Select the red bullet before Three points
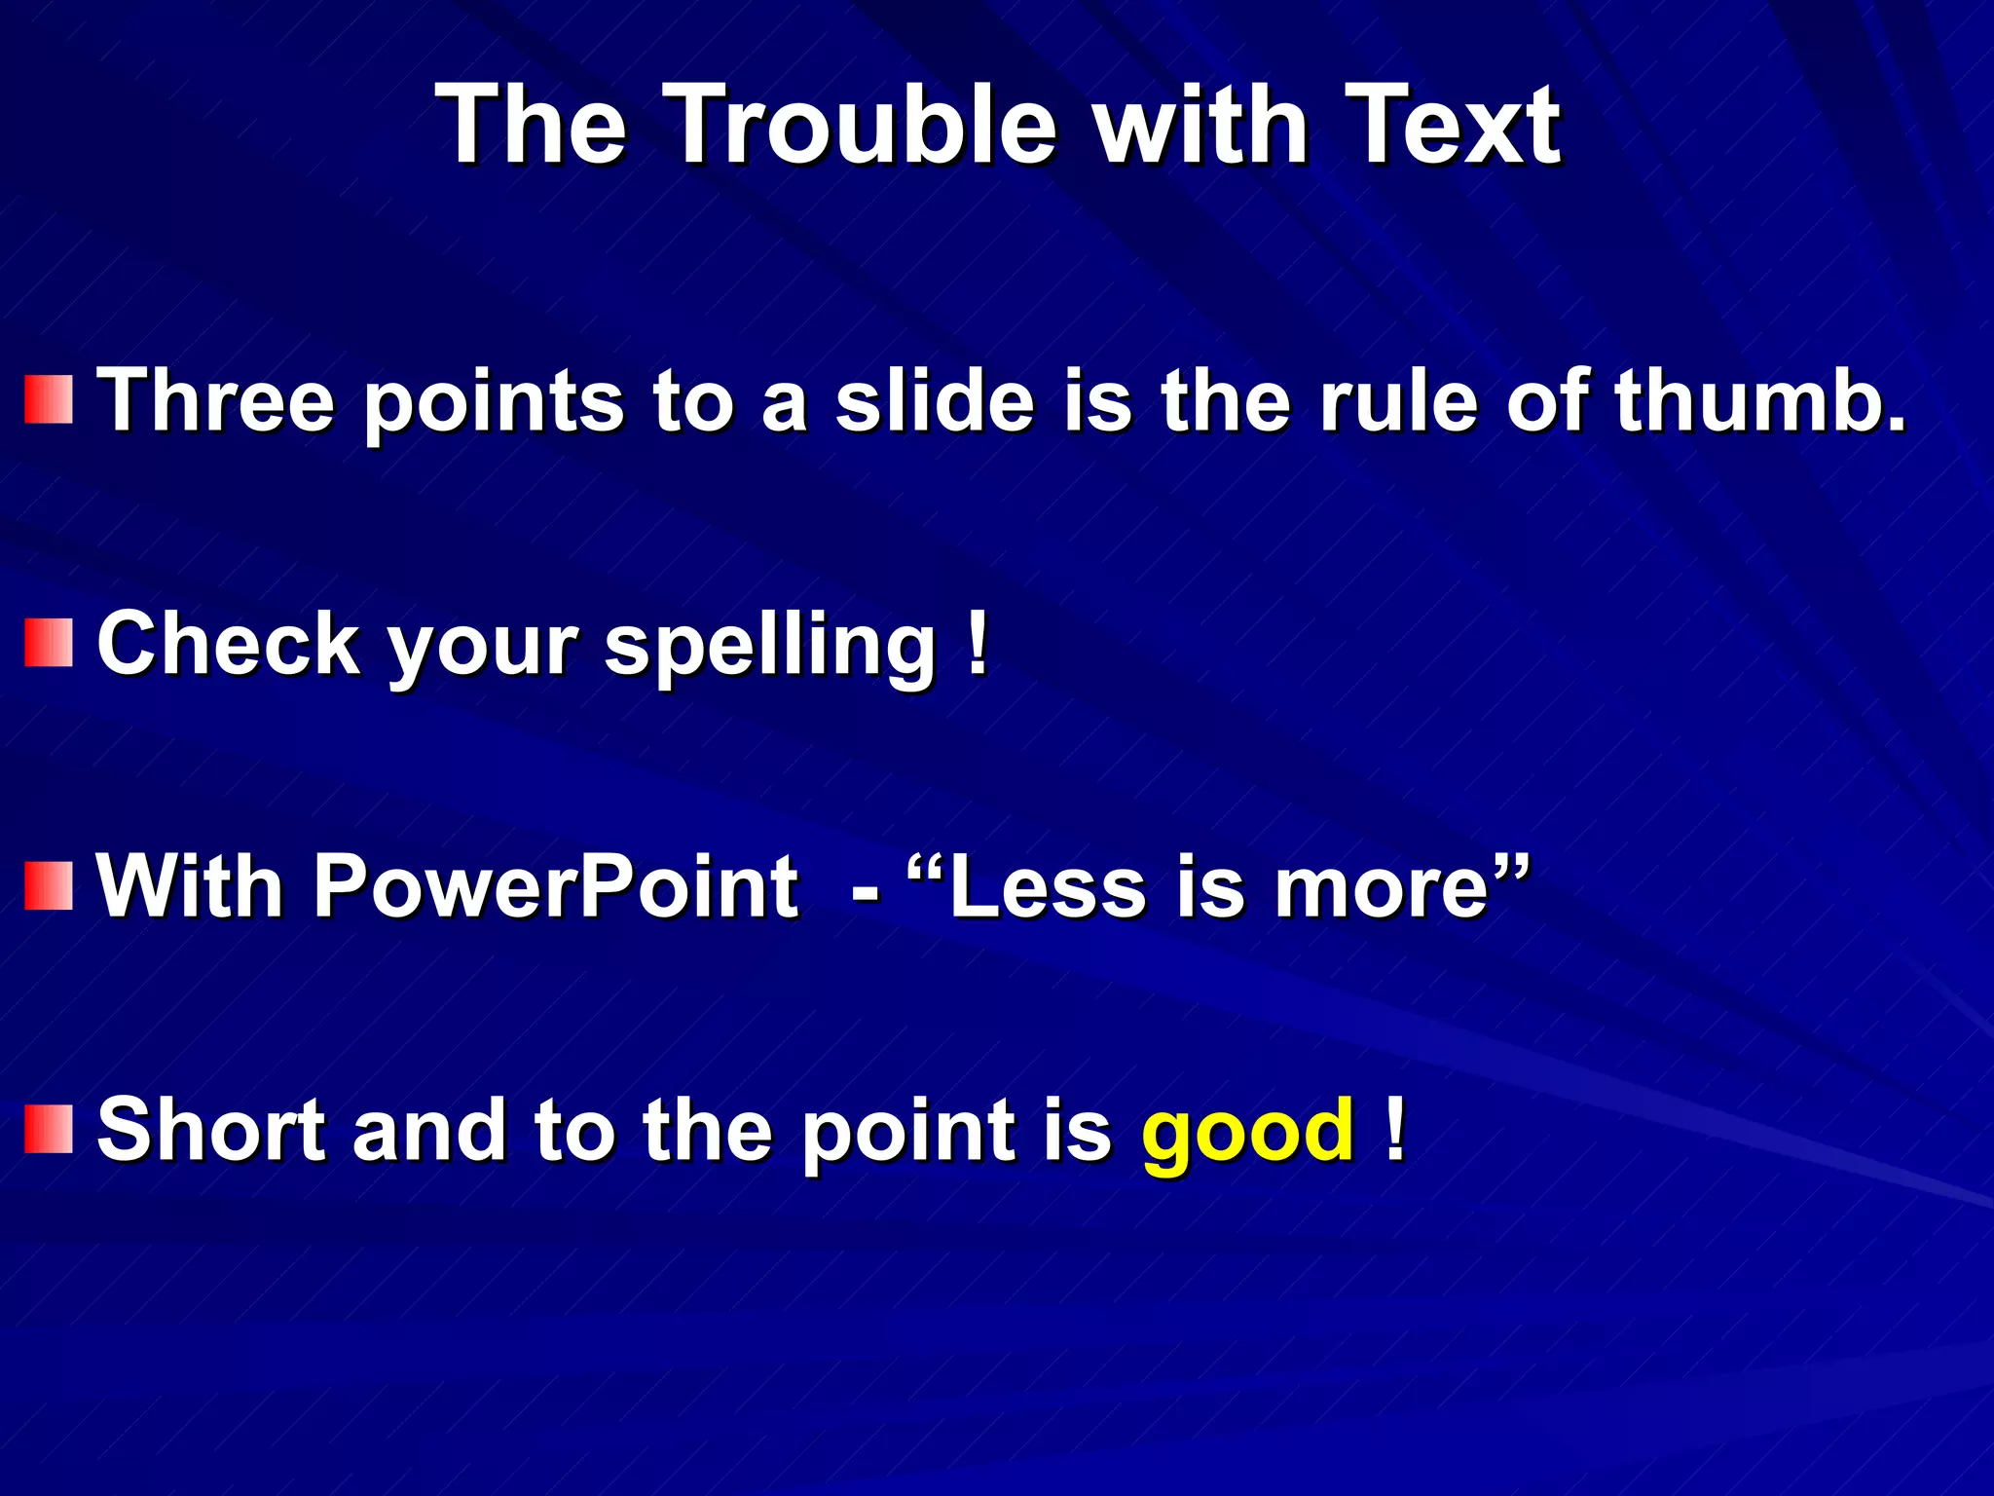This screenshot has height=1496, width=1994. [49, 399]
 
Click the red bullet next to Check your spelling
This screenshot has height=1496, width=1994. [49, 643]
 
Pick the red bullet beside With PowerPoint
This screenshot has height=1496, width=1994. [49, 885]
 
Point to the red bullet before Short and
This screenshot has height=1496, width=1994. [49, 1129]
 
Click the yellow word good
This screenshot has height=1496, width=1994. [1247, 1133]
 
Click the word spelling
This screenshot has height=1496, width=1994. [769, 646]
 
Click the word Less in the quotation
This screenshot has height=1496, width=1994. [1047, 888]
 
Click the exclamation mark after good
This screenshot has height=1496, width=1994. [1395, 1129]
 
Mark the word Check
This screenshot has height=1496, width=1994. [228, 643]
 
